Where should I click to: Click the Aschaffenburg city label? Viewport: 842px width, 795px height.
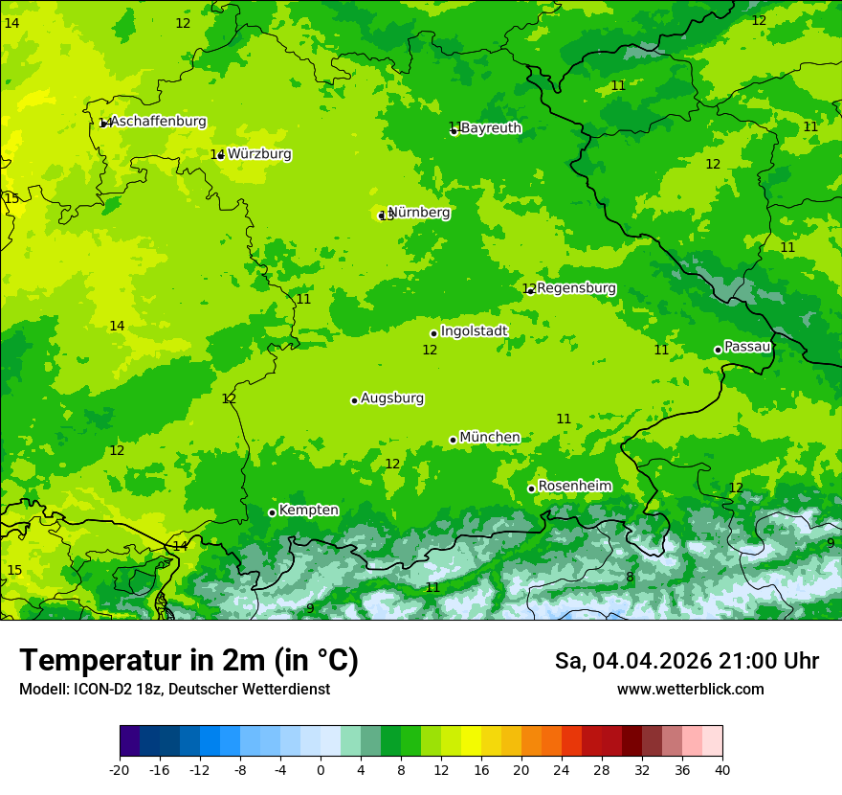click(159, 122)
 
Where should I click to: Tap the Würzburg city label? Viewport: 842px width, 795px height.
click(259, 154)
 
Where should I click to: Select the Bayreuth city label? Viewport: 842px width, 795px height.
click(491, 128)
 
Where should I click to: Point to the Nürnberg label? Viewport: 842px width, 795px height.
click(419, 213)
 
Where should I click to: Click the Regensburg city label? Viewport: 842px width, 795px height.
click(576, 288)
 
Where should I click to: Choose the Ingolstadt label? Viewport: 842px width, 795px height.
click(474, 331)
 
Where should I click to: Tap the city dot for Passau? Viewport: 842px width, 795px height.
click(718, 350)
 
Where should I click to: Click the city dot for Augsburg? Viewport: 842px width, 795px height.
click(354, 400)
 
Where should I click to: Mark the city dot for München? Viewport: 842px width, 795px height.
click(453, 440)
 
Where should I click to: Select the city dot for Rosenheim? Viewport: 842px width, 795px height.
click(531, 488)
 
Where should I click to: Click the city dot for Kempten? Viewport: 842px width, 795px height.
click(272, 512)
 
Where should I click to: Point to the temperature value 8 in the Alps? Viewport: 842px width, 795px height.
click(630, 578)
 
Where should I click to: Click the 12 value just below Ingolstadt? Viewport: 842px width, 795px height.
click(430, 351)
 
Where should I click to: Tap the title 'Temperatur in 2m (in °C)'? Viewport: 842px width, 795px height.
click(188, 661)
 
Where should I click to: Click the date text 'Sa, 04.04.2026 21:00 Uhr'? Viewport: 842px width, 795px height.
click(686, 661)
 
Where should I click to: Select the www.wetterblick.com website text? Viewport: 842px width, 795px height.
click(690, 690)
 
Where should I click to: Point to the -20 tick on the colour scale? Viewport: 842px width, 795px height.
click(120, 770)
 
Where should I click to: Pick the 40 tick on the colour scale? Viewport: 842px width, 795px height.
click(722, 770)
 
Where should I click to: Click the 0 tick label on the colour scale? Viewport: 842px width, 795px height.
click(321, 770)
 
